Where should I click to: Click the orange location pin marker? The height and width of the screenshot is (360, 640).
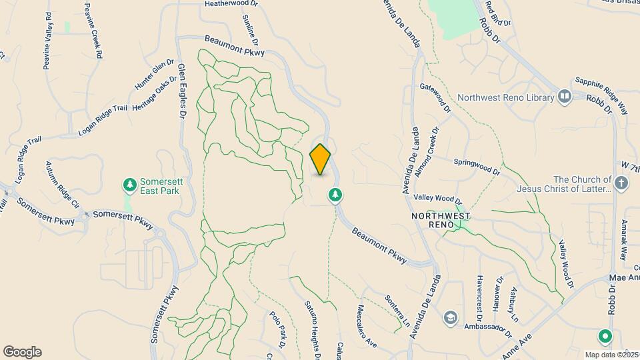tap(320, 159)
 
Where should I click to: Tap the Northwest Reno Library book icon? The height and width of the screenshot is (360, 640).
tap(565, 97)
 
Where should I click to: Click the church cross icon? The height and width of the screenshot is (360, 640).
tap(621, 183)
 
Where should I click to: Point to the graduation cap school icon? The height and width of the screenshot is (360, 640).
tap(451, 317)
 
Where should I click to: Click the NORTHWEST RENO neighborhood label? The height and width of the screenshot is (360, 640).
tap(441, 221)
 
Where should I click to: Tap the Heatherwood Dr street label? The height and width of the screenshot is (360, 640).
tap(231, 4)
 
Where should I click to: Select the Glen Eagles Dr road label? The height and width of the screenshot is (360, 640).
tap(181, 87)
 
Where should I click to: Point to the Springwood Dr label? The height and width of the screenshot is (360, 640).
tap(477, 166)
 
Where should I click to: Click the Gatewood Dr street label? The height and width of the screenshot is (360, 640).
tap(436, 97)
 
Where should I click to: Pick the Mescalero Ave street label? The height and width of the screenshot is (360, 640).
tap(367, 326)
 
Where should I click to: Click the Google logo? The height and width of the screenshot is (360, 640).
tap(22, 352)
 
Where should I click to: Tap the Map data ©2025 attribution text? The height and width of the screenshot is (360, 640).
tap(612, 355)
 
